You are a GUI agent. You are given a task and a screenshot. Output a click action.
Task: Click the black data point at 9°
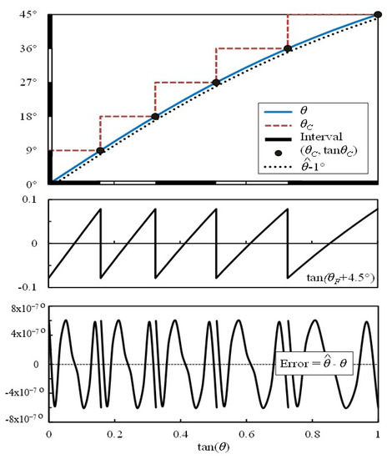(100, 150)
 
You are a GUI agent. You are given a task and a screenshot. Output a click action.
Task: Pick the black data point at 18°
(155, 116)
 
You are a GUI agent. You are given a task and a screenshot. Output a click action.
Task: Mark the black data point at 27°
(216, 83)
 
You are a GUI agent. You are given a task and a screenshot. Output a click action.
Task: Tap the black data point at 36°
(288, 48)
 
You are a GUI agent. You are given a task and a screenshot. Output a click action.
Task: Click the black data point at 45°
(377, 15)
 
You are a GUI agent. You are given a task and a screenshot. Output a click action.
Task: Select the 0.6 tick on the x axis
(246, 434)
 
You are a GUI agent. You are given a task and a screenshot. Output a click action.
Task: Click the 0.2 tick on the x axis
(115, 434)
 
